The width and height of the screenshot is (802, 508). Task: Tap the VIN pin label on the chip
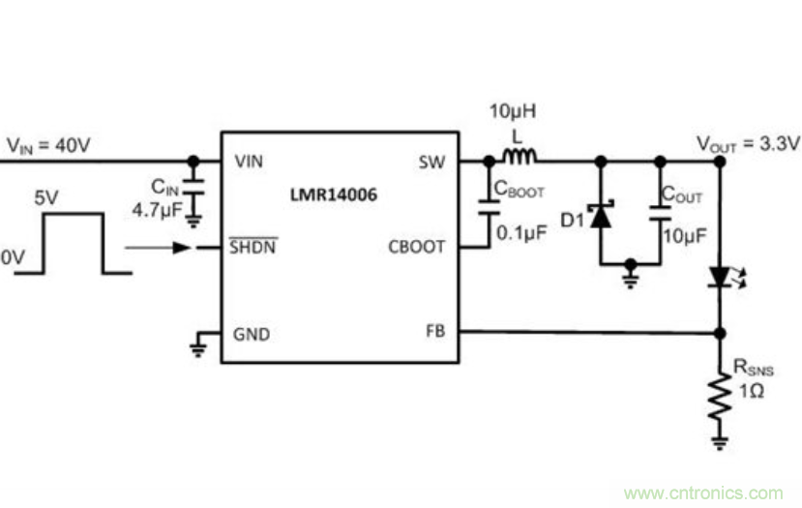pyautogui.click(x=249, y=162)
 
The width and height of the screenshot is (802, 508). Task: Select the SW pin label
pyautogui.click(x=432, y=162)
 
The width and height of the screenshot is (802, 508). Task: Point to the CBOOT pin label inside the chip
pyautogui.click(x=416, y=247)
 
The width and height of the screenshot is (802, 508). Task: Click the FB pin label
pyautogui.click(x=434, y=331)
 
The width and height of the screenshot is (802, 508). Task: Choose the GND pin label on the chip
pyautogui.click(x=252, y=336)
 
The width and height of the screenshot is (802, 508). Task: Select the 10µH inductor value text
pyautogui.click(x=511, y=111)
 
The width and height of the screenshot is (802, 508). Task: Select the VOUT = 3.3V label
pyautogui.click(x=748, y=144)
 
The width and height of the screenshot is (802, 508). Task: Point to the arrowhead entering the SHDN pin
pyautogui.click(x=182, y=247)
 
